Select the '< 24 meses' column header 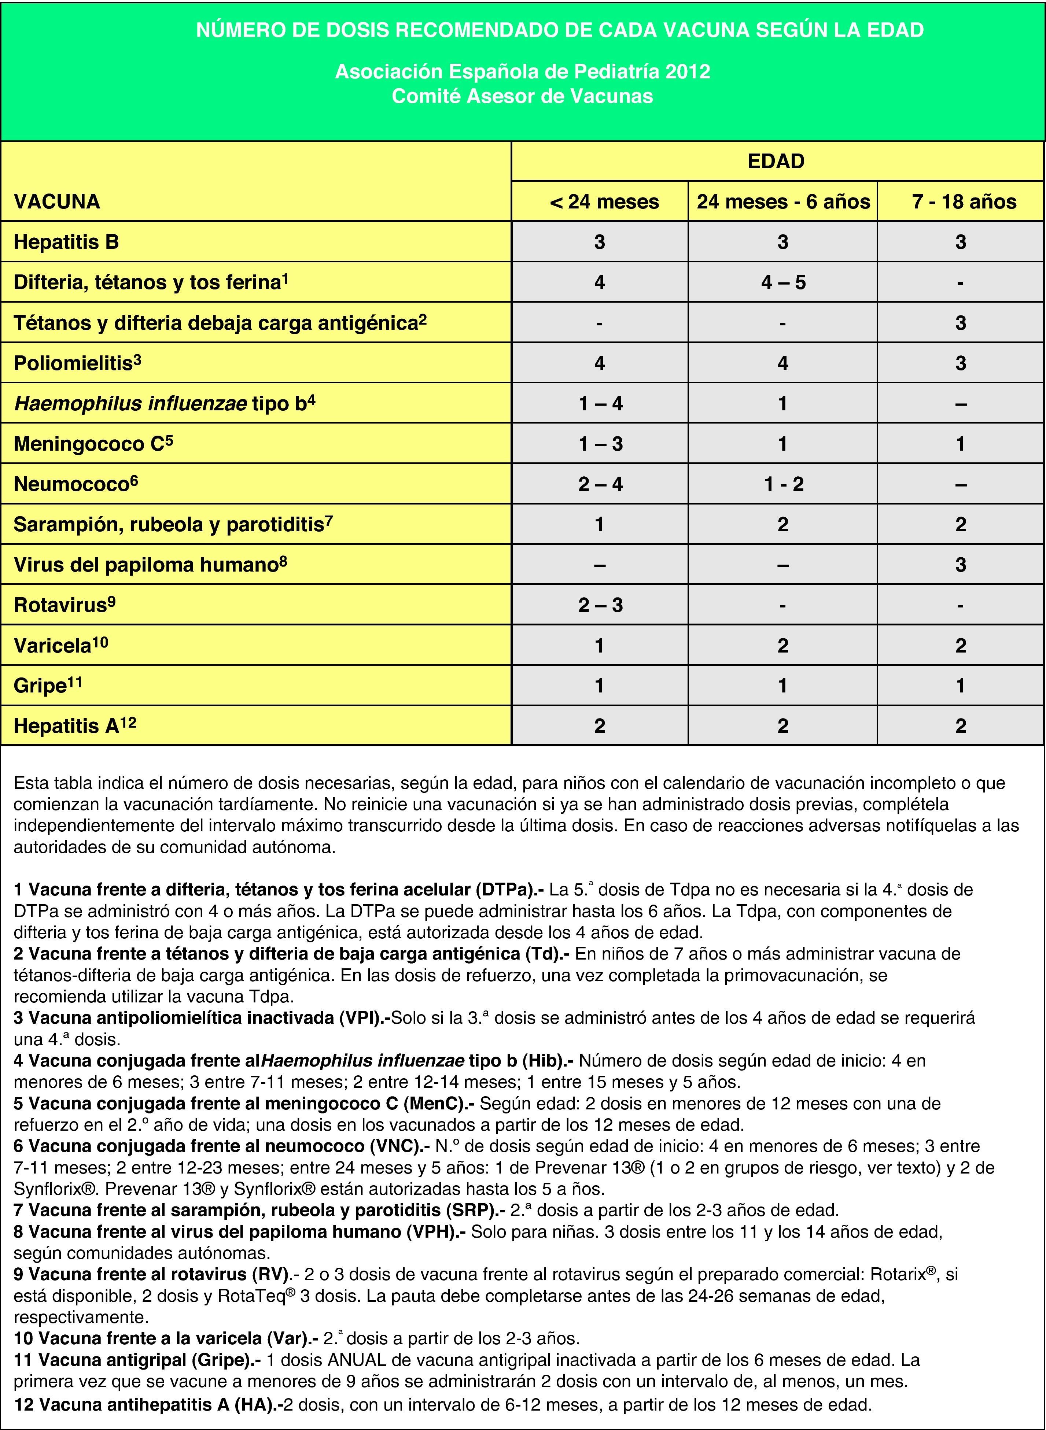(x=605, y=202)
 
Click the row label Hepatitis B (x=66, y=242)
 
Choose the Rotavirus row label (x=64, y=605)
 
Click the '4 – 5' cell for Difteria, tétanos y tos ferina (x=783, y=282)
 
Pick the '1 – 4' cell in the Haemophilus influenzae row (x=600, y=403)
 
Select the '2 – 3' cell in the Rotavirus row (x=600, y=605)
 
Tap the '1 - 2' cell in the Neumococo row (x=783, y=484)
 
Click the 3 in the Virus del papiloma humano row (x=961, y=565)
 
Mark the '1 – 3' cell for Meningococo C (x=600, y=444)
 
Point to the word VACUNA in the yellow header (x=57, y=202)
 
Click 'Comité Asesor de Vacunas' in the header (x=522, y=96)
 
